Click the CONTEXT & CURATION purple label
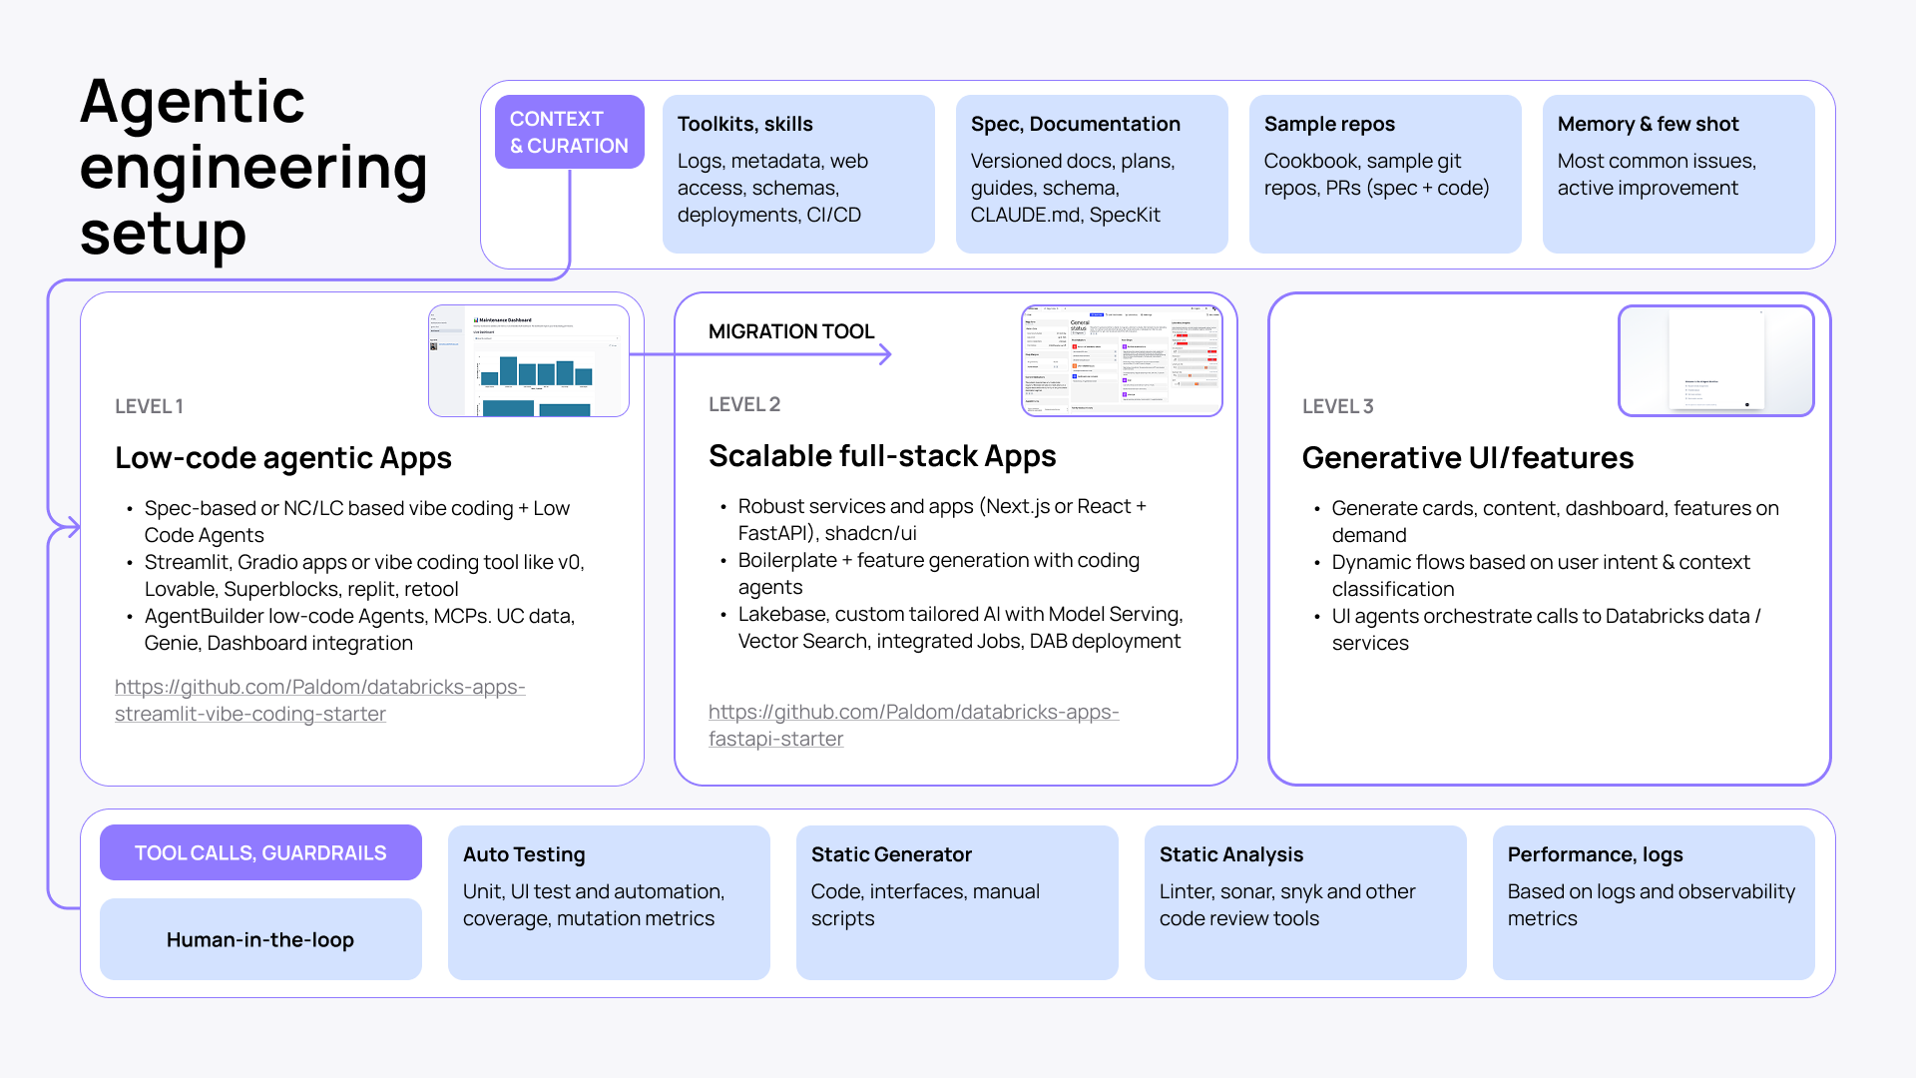(569, 132)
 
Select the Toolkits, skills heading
(744, 124)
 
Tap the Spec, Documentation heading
(1075, 124)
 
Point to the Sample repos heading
(1328, 124)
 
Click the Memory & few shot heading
(1648, 124)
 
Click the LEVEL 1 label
(149, 406)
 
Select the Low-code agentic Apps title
(282, 458)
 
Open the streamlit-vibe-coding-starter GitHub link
(319, 700)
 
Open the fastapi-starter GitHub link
(913, 725)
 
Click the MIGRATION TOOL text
(790, 331)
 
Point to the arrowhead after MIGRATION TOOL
(885, 354)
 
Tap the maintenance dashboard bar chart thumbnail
(529, 361)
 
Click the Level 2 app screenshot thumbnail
(1122, 360)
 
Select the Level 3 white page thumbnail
(1715, 360)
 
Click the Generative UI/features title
(1467, 458)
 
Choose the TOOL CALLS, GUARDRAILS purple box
(260, 852)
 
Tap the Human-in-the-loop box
(260, 939)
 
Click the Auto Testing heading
(524, 854)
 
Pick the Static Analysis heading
(1230, 854)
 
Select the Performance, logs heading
(1595, 854)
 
